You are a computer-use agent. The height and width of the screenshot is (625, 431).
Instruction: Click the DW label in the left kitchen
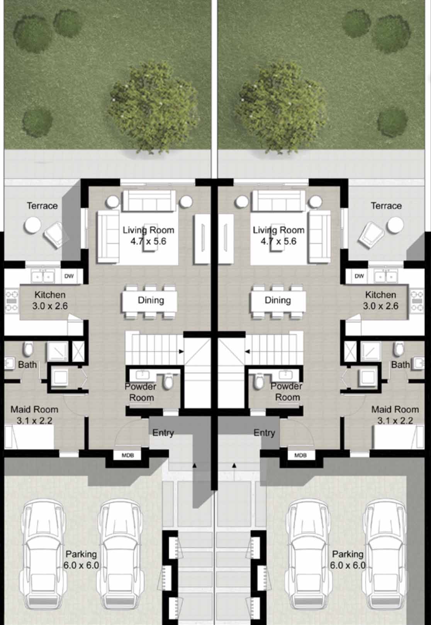[x=69, y=276]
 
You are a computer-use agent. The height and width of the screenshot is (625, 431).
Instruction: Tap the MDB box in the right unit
[x=300, y=456]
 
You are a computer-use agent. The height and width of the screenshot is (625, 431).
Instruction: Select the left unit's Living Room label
[x=148, y=235]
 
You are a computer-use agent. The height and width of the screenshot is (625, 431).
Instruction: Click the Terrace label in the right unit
[x=386, y=206]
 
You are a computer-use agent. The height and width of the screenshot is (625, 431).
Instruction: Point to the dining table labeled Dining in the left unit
[x=150, y=300]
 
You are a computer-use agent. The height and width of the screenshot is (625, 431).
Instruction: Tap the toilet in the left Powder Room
[x=168, y=382]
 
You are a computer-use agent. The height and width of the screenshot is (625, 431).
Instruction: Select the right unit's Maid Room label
[x=395, y=415]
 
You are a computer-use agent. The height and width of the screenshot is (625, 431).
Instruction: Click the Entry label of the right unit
[x=264, y=433]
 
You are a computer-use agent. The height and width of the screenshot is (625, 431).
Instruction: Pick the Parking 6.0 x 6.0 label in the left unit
[x=81, y=559]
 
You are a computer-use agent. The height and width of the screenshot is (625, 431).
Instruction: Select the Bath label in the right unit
[x=400, y=364]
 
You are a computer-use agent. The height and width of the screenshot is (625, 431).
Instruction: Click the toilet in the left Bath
[x=28, y=349]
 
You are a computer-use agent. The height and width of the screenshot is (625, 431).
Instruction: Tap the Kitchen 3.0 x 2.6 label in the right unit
[x=380, y=300]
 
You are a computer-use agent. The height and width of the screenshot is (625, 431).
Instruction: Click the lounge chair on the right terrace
[x=371, y=234]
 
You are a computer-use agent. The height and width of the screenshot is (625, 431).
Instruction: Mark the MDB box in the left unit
[x=128, y=456]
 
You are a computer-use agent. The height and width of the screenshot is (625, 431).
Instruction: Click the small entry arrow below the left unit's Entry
[x=195, y=466]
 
